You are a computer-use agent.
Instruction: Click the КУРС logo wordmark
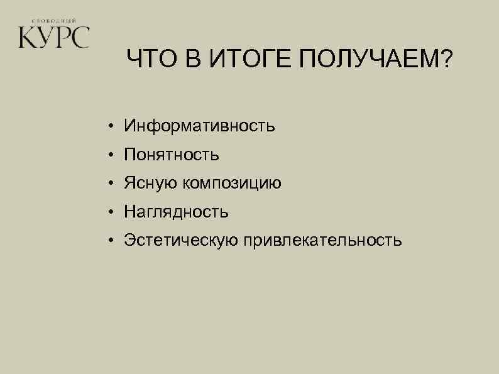54,37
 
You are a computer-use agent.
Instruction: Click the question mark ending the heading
446,61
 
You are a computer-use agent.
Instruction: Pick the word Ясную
151,184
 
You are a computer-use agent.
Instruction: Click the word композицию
233,184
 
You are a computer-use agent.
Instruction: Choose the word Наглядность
176,212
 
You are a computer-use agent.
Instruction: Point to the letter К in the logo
28,37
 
